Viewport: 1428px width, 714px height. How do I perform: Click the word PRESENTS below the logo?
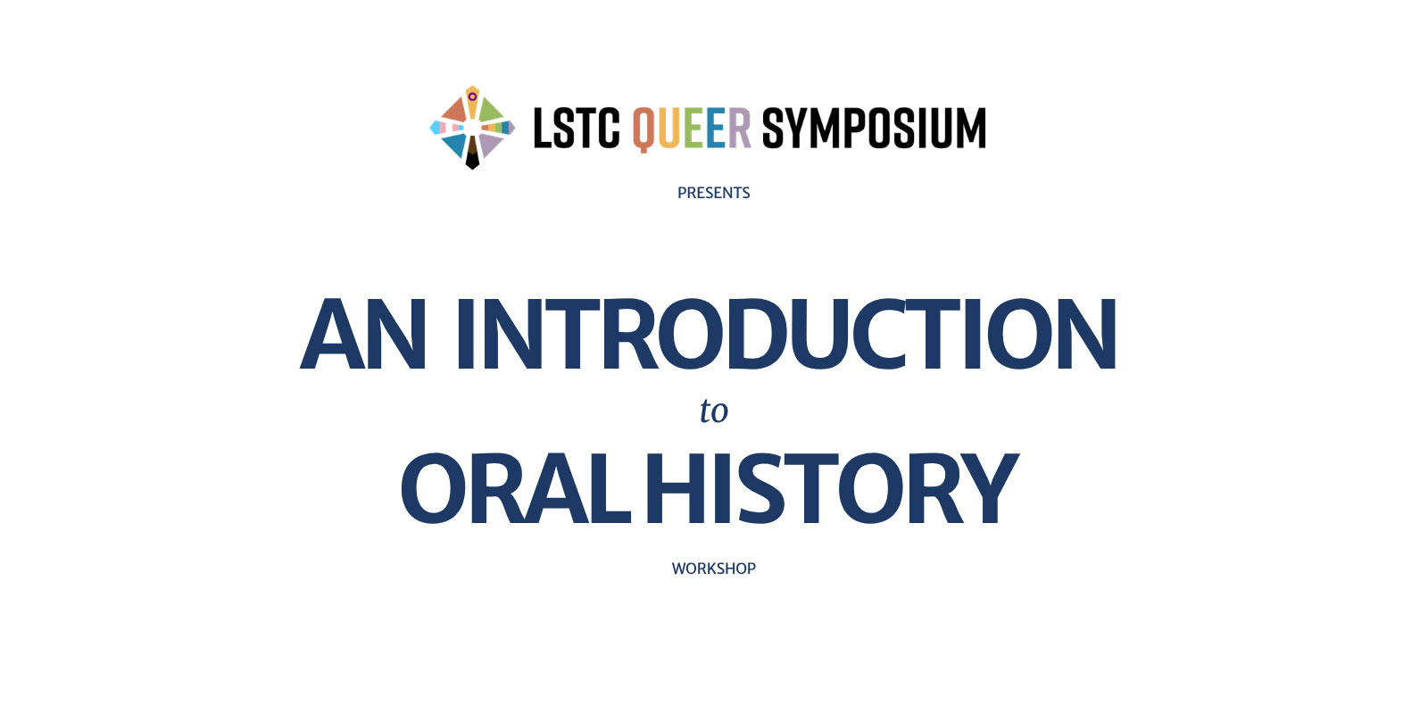click(x=713, y=193)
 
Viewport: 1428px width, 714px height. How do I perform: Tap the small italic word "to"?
click(x=714, y=411)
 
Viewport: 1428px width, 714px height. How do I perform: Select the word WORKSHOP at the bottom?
click(x=713, y=569)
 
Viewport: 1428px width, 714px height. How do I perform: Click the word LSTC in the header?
click(x=576, y=129)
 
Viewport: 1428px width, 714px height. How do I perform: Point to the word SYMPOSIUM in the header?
click(x=874, y=129)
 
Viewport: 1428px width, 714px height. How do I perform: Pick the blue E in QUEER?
click(x=716, y=129)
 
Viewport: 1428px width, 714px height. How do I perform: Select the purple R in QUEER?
click(x=740, y=129)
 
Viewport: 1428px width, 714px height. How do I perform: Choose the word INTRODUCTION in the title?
click(x=785, y=335)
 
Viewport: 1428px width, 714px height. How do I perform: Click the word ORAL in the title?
click(x=516, y=489)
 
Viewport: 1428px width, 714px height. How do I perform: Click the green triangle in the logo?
click(x=489, y=112)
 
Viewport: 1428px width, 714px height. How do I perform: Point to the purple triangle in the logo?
click(x=489, y=143)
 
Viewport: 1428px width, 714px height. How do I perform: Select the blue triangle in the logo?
click(x=454, y=144)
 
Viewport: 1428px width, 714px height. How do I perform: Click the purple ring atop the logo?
click(x=472, y=96)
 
